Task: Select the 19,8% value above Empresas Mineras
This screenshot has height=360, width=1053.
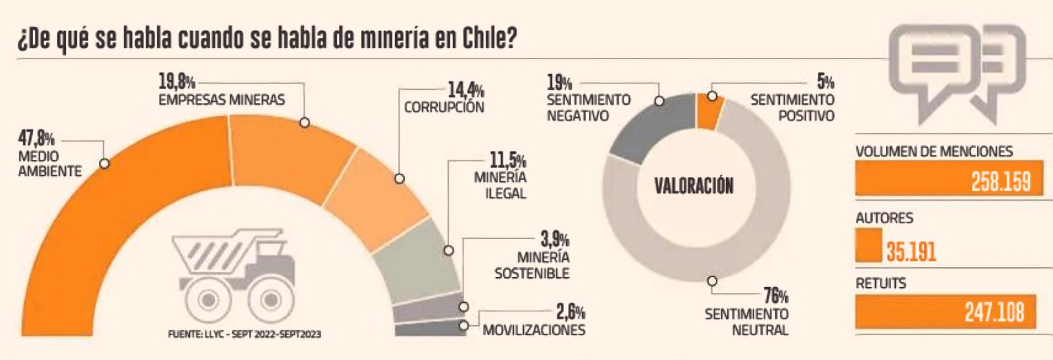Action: click(176, 82)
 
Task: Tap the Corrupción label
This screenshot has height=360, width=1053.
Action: click(444, 107)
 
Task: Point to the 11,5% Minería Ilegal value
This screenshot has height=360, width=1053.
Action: click(507, 160)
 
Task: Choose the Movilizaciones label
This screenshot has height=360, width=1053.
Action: click(534, 330)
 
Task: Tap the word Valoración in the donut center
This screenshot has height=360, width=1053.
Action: click(694, 186)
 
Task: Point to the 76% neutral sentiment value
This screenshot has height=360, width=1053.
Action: click(776, 296)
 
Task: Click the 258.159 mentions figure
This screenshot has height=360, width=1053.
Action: click(1000, 181)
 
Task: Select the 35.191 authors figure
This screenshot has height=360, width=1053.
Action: click(911, 251)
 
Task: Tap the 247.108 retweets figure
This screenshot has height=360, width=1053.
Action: click(994, 311)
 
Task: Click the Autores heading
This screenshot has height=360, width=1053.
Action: click(884, 218)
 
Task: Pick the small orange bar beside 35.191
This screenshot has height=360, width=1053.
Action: click(868, 245)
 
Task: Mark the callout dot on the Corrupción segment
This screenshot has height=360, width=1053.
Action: click(399, 178)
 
